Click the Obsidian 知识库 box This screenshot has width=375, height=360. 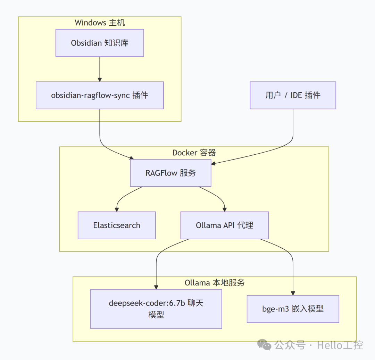pyautogui.click(x=100, y=43)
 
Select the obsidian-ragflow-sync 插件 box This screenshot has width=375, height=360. pyautogui.click(x=100, y=95)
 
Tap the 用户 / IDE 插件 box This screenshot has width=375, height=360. pyautogui.click(x=293, y=95)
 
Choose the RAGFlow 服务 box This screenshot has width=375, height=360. pyautogui.click(x=170, y=173)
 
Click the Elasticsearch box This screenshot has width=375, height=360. pyautogui.click(x=117, y=225)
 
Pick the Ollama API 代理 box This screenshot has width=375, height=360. pyautogui.click(x=224, y=225)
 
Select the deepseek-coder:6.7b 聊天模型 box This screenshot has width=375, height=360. pyautogui.click(x=156, y=309)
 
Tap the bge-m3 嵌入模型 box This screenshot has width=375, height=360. pyautogui.click(x=293, y=309)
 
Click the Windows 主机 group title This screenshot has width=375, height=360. pyautogui.click(x=100, y=23)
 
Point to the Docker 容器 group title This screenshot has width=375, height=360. pyautogui.click(x=194, y=153)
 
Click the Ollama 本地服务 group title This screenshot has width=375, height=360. pyautogui.click(x=215, y=283)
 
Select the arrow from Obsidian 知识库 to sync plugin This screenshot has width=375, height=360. pyautogui.click(x=100, y=69)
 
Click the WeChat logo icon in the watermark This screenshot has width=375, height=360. pyautogui.click(x=264, y=345)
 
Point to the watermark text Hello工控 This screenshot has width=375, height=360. pyautogui.click(x=340, y=345)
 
